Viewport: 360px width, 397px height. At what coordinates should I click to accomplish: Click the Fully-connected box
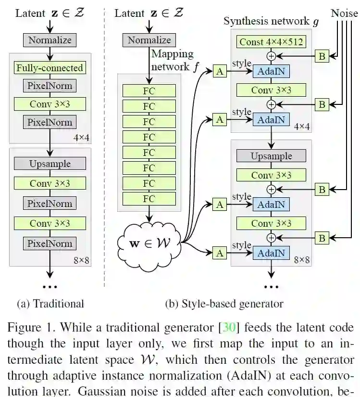pyautogui.click(x=50, y=68)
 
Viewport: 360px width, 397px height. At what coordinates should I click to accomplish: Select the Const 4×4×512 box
pyautogui.click(x=271, y=42)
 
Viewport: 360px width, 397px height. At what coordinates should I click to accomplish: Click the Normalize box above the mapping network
pyautogui.click(x=149, y=40)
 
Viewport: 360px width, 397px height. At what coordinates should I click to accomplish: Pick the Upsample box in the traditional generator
pyautogui.click(x=50, y=164)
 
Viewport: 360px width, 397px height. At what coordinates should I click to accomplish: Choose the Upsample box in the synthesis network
pyautogui.click(x=271, y=156)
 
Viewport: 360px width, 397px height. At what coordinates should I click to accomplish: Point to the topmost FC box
pyautogui.click(x=149, y=90)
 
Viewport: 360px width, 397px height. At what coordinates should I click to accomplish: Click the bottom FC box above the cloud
pyautogui.click(x=149, y=198)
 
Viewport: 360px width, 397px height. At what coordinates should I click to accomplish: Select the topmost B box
pyautogui.click(x=322, y=56)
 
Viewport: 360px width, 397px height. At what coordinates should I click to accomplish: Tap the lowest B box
pyautogui.click(x=322, y=238)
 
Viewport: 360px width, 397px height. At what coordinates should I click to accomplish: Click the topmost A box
pyautogui.click(x=220, y=71)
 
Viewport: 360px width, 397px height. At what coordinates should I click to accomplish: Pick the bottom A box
pyautogui.click(x=220, y=252)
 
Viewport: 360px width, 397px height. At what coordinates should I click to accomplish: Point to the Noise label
pyautogui.click(x=344, y=13)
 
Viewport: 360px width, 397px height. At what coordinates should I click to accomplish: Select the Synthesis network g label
pyautogui.click(x=271, y=21)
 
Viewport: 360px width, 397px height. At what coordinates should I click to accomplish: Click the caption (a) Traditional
pyautogui.click(x=50, y=304)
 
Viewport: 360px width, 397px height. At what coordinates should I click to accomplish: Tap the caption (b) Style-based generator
pyautogui.click(x=224, y=304)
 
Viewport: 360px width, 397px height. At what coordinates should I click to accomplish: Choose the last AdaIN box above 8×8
pyautogui.click(x=271, y=252)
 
